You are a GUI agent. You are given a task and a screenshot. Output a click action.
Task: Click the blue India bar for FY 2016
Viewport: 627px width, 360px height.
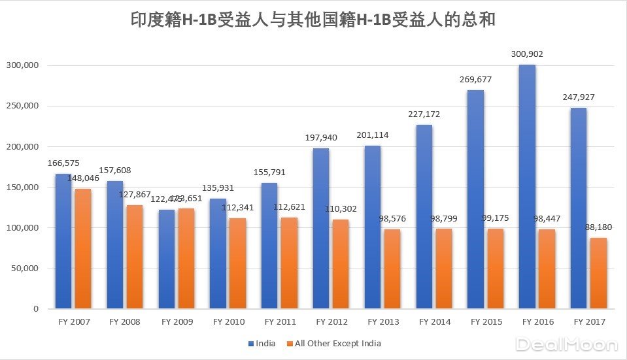[x=527, y=186]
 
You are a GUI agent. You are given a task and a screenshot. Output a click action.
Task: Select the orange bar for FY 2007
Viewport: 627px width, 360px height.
[x=83, y=248]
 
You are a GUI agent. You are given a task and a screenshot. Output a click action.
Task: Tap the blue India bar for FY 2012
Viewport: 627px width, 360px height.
[x=321, y=228]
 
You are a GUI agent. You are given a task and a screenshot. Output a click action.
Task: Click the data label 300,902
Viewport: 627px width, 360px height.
[x=528, y=54]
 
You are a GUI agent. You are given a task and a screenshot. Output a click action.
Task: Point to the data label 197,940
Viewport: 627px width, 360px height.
[x=321, y=138]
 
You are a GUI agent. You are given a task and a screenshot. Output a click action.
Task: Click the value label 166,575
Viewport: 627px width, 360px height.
[x=63, y=164]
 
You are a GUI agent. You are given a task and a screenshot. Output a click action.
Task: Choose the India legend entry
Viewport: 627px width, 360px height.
[x=262, y=344]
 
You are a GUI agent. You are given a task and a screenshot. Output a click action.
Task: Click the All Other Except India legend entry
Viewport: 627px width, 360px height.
[x=333, y=344]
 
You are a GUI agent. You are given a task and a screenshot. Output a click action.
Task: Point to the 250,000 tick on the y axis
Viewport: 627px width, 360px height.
[x=24, y=106]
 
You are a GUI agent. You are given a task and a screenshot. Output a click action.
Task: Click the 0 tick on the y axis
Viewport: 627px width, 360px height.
[x=37, y=309]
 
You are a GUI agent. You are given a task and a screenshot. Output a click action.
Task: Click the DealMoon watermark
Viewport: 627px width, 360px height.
[x=566, y=344]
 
